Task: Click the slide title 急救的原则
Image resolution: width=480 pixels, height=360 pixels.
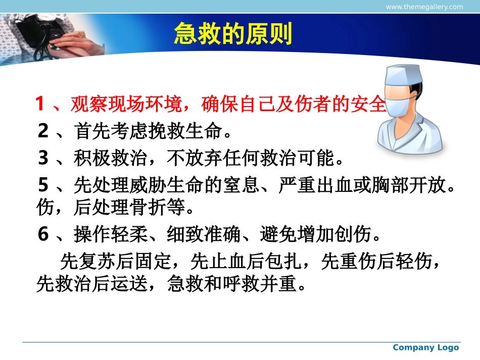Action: click(233, 35)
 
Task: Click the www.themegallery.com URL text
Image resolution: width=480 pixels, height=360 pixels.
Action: click(424, 7)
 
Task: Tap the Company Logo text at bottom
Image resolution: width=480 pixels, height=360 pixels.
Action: click(425, 347)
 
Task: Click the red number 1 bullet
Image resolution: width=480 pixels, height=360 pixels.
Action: click(40, 105)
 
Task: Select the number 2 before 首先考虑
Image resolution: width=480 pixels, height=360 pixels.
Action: click(44, 132)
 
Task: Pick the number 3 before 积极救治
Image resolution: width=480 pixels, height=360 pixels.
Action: click(44, 159)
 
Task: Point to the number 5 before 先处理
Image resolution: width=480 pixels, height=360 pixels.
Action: click(44, 186)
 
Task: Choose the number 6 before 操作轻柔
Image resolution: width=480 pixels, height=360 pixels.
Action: click(44, 234)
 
